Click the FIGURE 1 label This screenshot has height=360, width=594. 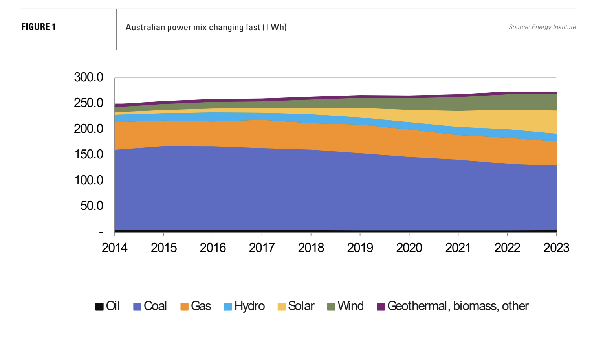38,27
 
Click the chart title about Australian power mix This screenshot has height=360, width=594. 206,28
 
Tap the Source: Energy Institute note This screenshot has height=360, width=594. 542,27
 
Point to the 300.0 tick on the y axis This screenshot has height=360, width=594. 88,77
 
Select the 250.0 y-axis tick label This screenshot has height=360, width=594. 88,103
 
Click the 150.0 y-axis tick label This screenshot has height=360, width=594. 88,154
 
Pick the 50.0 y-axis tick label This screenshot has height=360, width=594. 92,206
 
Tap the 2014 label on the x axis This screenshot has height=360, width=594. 114,248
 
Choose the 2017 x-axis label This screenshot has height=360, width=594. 262,248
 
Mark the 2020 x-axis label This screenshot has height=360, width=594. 409,248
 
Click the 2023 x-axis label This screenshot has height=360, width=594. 556,248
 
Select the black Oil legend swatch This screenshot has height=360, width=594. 99,307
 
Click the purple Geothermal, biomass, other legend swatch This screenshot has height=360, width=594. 381,307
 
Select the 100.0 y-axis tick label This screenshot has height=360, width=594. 88,180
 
